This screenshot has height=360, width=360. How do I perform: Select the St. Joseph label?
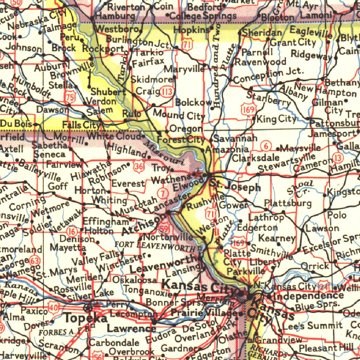[x=235, y=186]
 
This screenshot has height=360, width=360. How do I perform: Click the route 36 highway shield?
[x=139, y=167]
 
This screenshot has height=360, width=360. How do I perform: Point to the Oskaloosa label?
[x=134, y=280]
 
